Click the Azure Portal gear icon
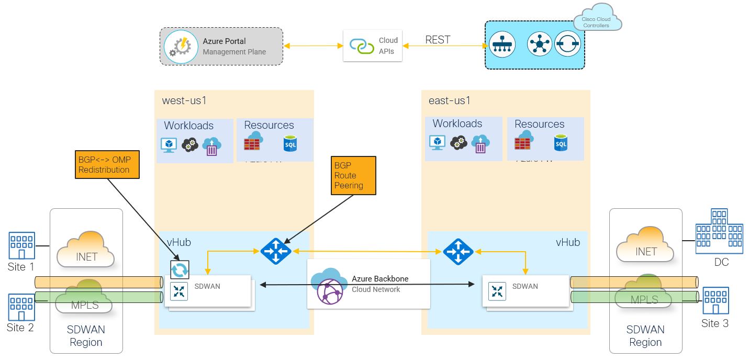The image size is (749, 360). [181, 47]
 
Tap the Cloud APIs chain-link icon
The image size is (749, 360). [362, 46]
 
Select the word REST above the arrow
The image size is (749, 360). [438, 40]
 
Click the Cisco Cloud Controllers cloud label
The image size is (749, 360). [596, 22]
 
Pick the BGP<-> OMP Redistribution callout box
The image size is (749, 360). [107, 165]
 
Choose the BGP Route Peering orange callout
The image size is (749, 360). [354, 175]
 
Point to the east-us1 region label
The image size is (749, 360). [450, 100]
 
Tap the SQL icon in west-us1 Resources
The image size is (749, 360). [290, 143]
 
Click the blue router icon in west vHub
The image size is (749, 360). [276, 251]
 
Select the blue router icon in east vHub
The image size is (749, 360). [458, 251]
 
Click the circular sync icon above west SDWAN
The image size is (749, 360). [180, 269]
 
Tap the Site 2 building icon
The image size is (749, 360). [21, 307]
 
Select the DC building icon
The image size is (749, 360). [719, 230]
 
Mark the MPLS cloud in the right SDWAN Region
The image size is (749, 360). [644, 296]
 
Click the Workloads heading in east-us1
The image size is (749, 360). [457, 123]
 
